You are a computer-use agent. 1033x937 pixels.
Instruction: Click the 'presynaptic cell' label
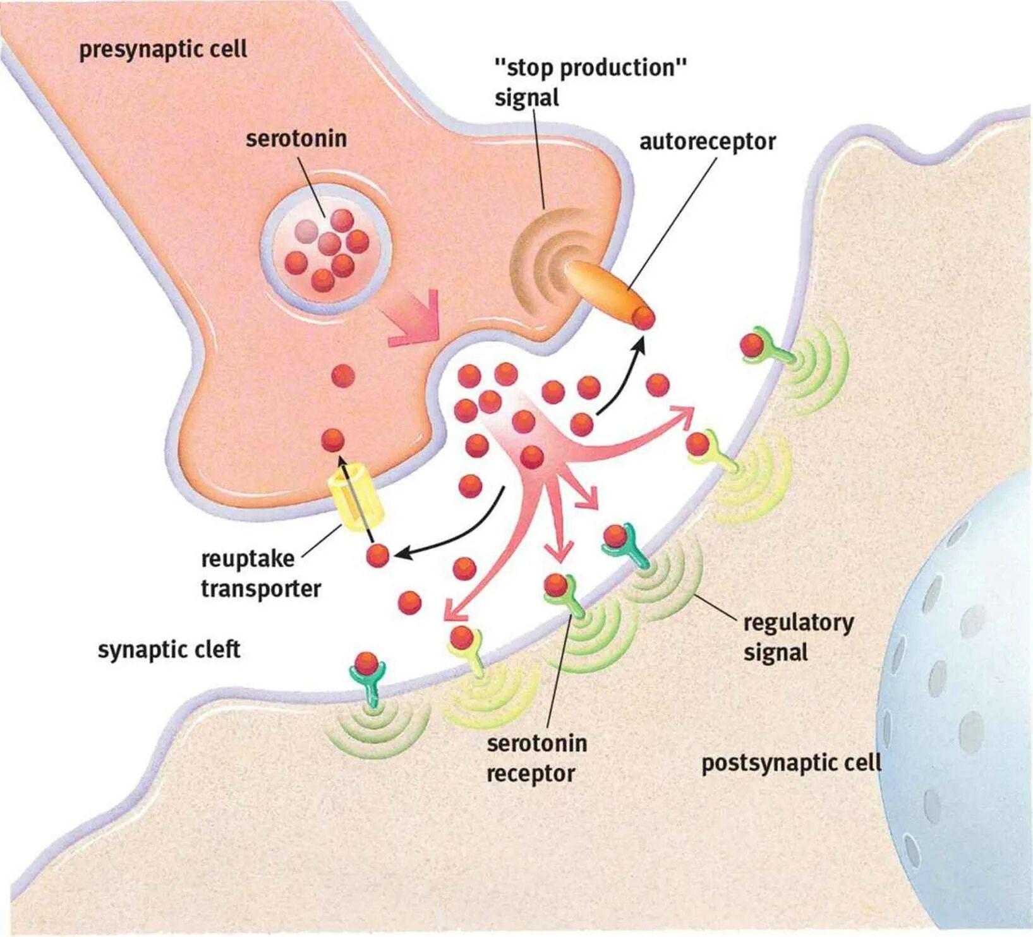tap(163, 50)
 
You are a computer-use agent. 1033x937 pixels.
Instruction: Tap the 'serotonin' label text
tap(296, 138)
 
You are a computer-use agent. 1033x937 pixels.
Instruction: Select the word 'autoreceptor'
tap(707, 142)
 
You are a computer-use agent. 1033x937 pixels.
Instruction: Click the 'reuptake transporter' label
tap(260, 574)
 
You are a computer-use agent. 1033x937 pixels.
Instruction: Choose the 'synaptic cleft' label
tap(169, 650)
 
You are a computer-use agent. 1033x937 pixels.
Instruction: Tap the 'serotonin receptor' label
tap(536, 758)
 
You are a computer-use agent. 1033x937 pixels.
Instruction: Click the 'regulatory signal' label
tap(798, 637)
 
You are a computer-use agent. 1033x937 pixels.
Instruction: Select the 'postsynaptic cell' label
tap(791, 763)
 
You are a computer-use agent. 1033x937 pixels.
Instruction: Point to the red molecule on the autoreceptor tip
tap(644, 318)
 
